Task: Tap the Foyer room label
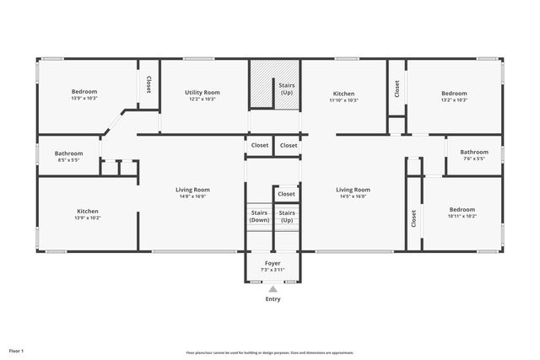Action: (273, 263)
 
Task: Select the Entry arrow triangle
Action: (273, 289)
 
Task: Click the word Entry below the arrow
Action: (273, 299)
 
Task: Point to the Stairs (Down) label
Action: (259, 216)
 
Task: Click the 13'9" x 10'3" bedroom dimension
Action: (84, 99)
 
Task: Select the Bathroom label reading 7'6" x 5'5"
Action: (473, 152)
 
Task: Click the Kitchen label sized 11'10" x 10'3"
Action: (343, 94)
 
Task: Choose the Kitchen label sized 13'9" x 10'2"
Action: (88, 211)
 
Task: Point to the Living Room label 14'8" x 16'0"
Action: (192, 190)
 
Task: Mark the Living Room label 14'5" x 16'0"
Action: (353, 190)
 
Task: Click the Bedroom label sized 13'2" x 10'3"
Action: (454, 94)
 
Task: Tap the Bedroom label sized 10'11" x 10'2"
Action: (462, 209)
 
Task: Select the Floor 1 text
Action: (17, 350)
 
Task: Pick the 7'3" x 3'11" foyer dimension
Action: (273, 270)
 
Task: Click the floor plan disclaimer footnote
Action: (270, 352)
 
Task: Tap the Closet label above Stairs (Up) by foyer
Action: (287, 195)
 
